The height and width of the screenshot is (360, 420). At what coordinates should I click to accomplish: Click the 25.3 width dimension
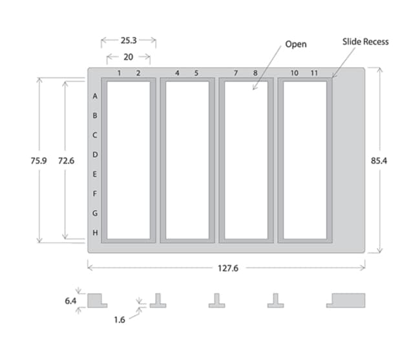(128, 40)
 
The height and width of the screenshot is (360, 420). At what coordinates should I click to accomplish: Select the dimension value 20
(129, 57)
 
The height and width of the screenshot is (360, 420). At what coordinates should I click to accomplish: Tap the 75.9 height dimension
(38, 161)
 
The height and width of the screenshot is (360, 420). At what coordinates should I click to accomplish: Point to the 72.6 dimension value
(66, 161)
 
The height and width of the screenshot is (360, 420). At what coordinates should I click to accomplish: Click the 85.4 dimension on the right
(388, 160)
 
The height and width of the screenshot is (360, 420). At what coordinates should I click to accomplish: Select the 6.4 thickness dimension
(70, 300)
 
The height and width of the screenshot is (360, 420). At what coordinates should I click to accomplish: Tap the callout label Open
(296, 45)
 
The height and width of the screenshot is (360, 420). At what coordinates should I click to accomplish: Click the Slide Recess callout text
(366, 42)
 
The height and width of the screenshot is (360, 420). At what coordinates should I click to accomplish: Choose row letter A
(96, 96)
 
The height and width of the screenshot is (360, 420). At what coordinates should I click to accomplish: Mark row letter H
(96, 233)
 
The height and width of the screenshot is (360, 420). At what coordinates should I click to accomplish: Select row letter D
(96, 154)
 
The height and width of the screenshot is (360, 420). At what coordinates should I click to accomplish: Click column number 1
(120, 73)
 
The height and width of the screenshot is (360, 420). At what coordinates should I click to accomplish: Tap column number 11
(314, 73)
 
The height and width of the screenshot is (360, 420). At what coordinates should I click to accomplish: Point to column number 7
(236, 73)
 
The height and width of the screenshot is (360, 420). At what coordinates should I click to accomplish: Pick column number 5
(197, 73)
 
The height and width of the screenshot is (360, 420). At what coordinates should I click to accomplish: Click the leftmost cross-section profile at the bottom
(97, 301)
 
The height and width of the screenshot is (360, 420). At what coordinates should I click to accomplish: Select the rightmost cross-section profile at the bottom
(346, 301)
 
